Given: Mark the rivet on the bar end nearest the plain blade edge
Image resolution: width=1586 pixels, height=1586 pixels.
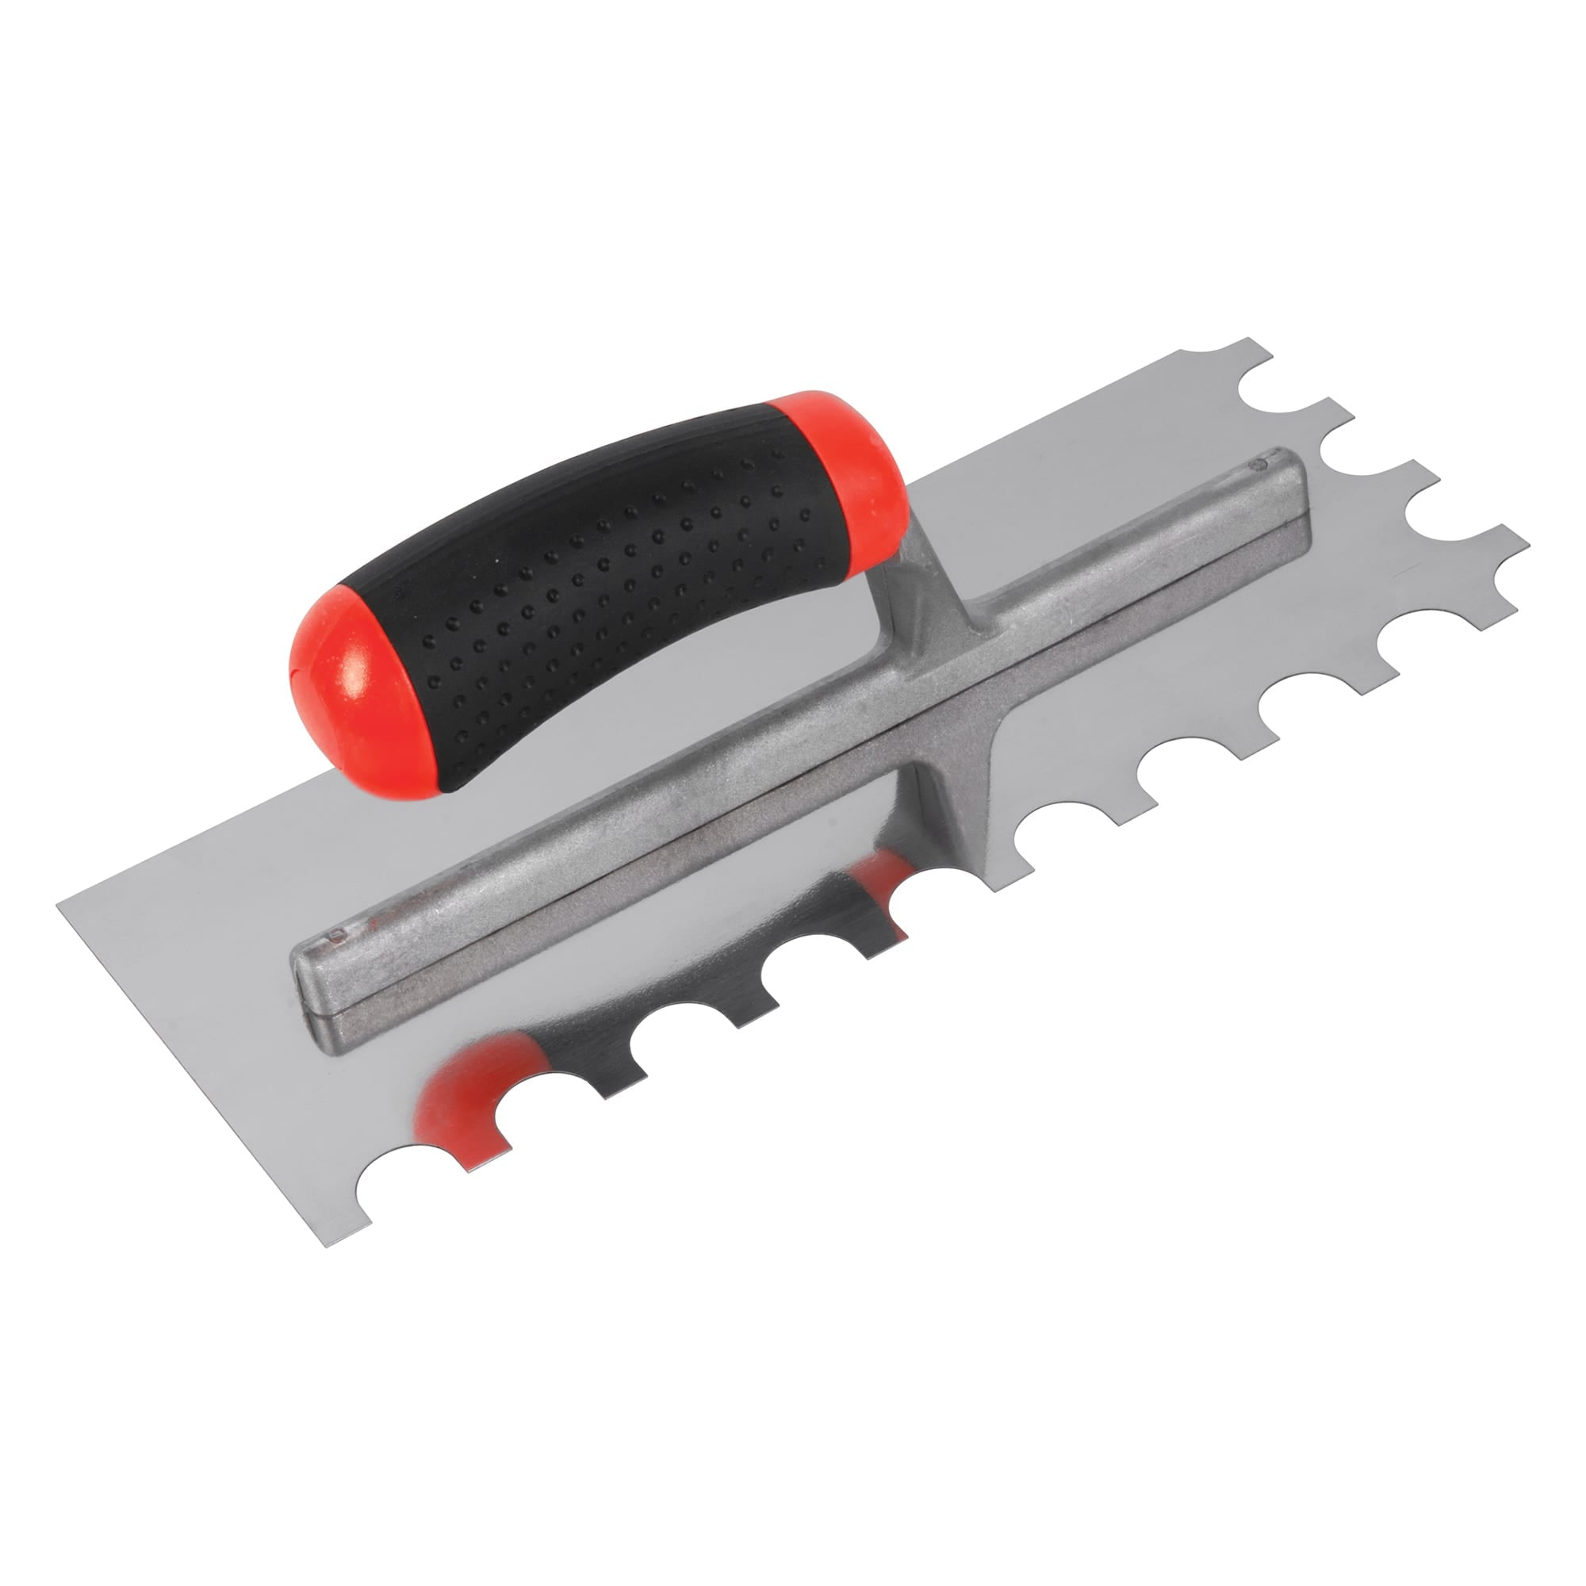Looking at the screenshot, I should click(x=334, y=933).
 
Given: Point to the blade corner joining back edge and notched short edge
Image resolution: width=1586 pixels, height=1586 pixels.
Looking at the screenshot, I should click(x=1247, y=342).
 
